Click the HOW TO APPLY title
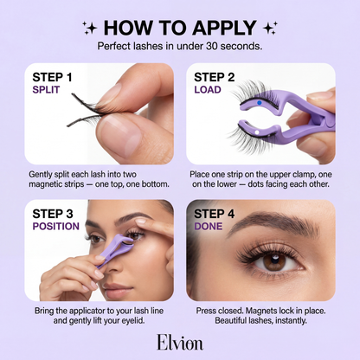point(180,25)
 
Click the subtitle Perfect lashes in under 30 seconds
point(180,45)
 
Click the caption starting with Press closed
point(264,315)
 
